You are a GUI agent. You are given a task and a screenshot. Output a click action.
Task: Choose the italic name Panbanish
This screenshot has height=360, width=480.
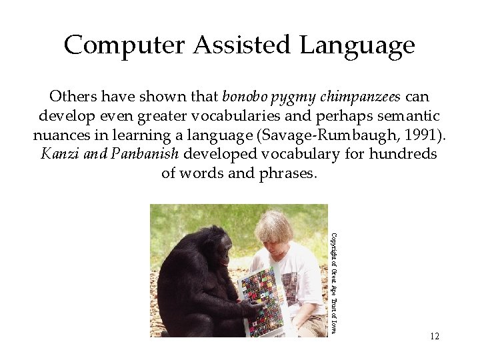coord(145,154)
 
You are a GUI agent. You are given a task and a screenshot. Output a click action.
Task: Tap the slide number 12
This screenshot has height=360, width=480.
coord(435,336)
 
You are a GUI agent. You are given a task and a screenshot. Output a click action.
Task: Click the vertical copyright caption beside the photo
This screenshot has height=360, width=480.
coord(335,283)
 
